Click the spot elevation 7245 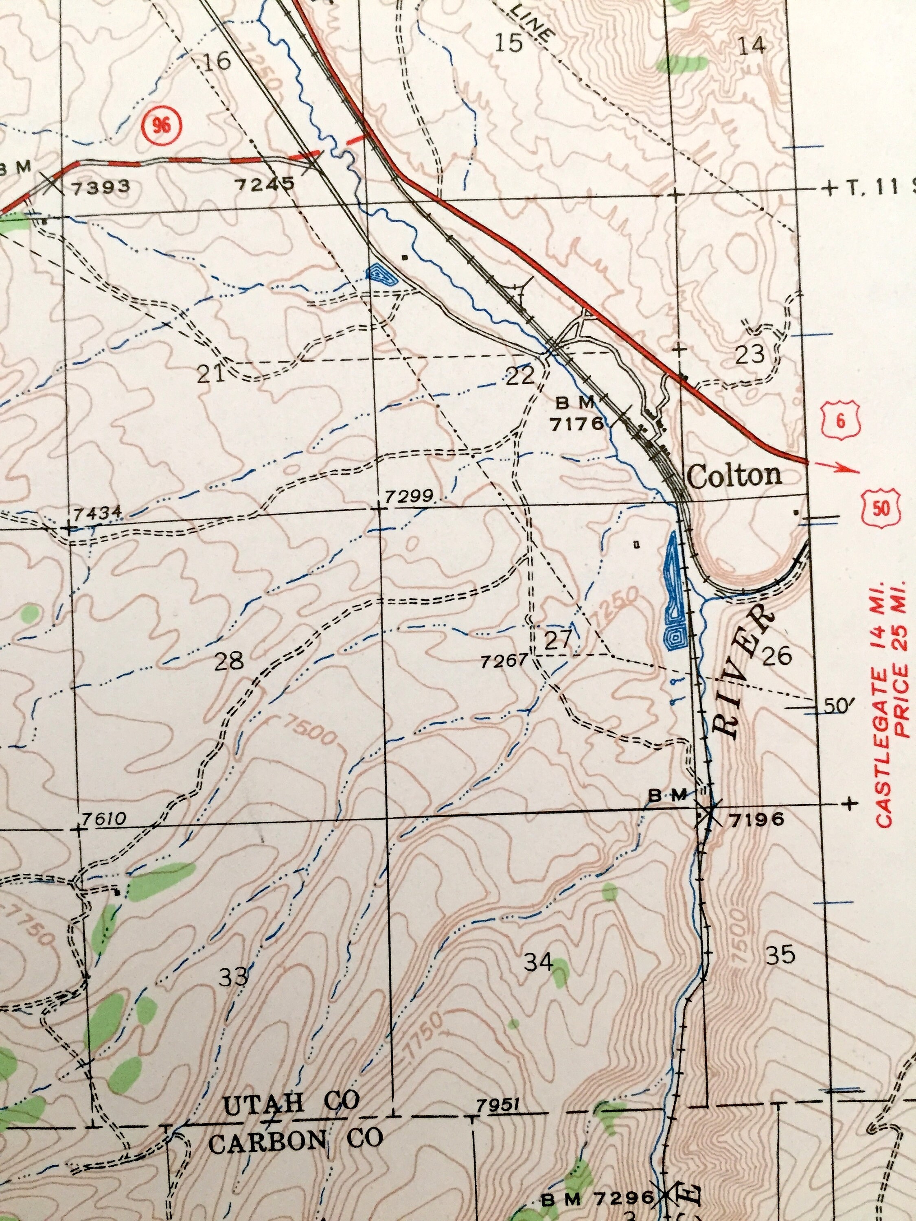pyautogui.click(x=265, y=184)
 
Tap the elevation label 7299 pyautogui.click(x=410, y=496)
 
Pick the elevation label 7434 pyautogui.click(x=97, y=513)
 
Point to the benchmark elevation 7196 pyautogui.click(x=756, y=819)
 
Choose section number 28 pyautogui.click(x=228, y=661)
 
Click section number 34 pyautogui.click(x=538, y=962)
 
